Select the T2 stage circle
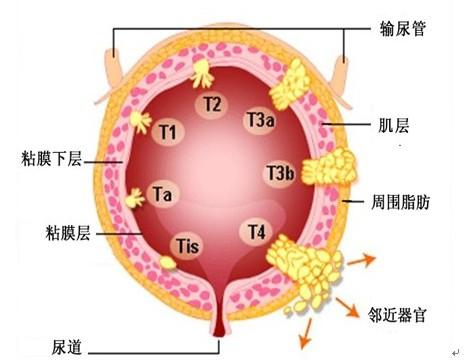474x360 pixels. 211,104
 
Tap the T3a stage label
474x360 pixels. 260,121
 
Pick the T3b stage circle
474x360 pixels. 280,174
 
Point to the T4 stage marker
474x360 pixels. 257,232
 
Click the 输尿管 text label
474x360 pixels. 403,28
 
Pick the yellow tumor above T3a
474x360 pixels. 296,82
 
